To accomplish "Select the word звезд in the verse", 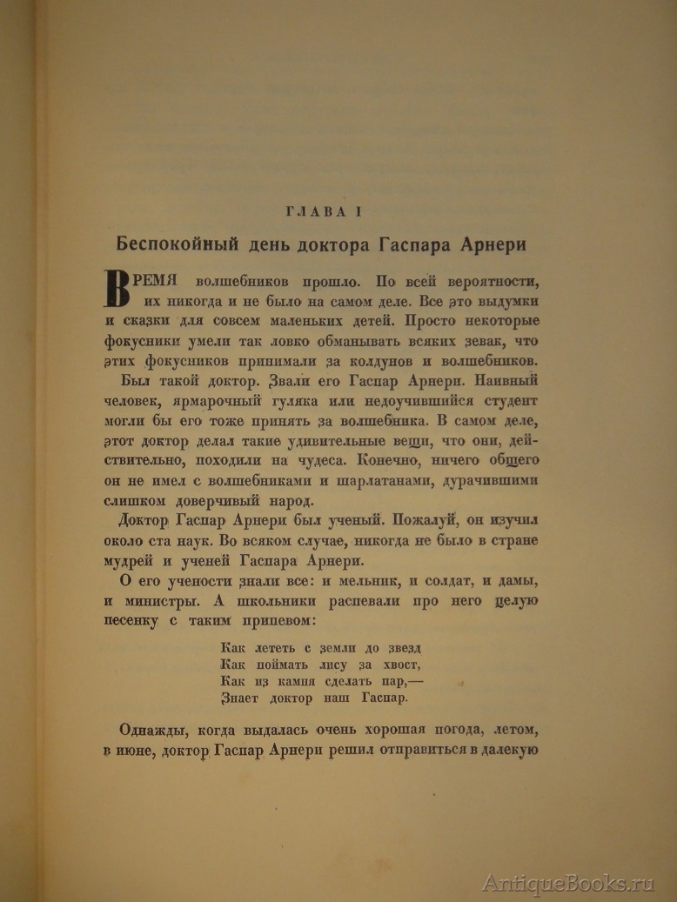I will pos(399,648).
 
